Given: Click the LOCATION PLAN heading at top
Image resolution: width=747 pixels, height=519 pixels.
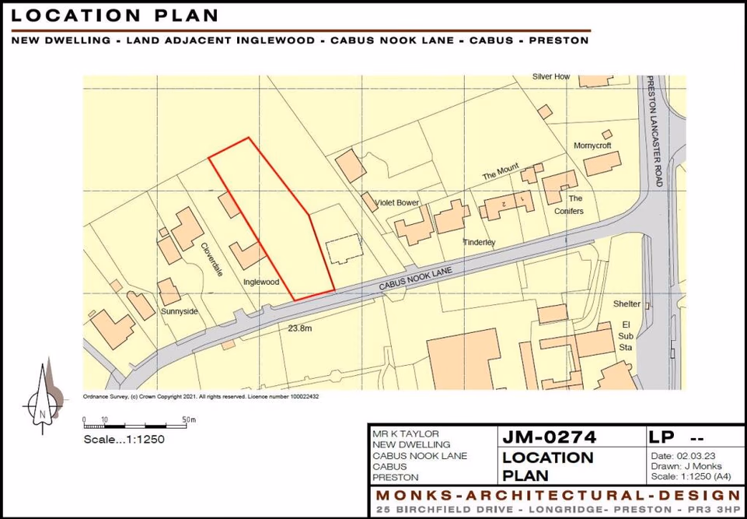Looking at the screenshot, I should point(115,16).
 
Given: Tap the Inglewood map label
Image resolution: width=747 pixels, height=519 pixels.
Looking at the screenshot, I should point(261,282).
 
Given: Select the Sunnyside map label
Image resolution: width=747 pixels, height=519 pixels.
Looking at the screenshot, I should point(180,311).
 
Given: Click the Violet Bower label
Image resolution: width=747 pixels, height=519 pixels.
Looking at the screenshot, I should point(397,203).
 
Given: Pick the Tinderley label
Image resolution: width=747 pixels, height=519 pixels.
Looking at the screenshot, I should point(479,243).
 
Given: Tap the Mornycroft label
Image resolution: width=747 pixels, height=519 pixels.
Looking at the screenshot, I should point(592,146).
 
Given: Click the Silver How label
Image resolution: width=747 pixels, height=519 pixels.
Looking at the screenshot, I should point(551,77).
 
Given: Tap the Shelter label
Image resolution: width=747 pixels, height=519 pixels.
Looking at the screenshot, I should point(627,303).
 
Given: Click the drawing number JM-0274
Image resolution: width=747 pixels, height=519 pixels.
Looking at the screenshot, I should point(550,437).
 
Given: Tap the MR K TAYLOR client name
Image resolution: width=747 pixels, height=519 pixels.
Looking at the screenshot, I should point(405,433).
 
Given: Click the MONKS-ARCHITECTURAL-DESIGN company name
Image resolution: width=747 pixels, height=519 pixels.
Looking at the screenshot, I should point(557,496).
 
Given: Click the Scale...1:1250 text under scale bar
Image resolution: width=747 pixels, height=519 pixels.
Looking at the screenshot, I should point(124,439).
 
